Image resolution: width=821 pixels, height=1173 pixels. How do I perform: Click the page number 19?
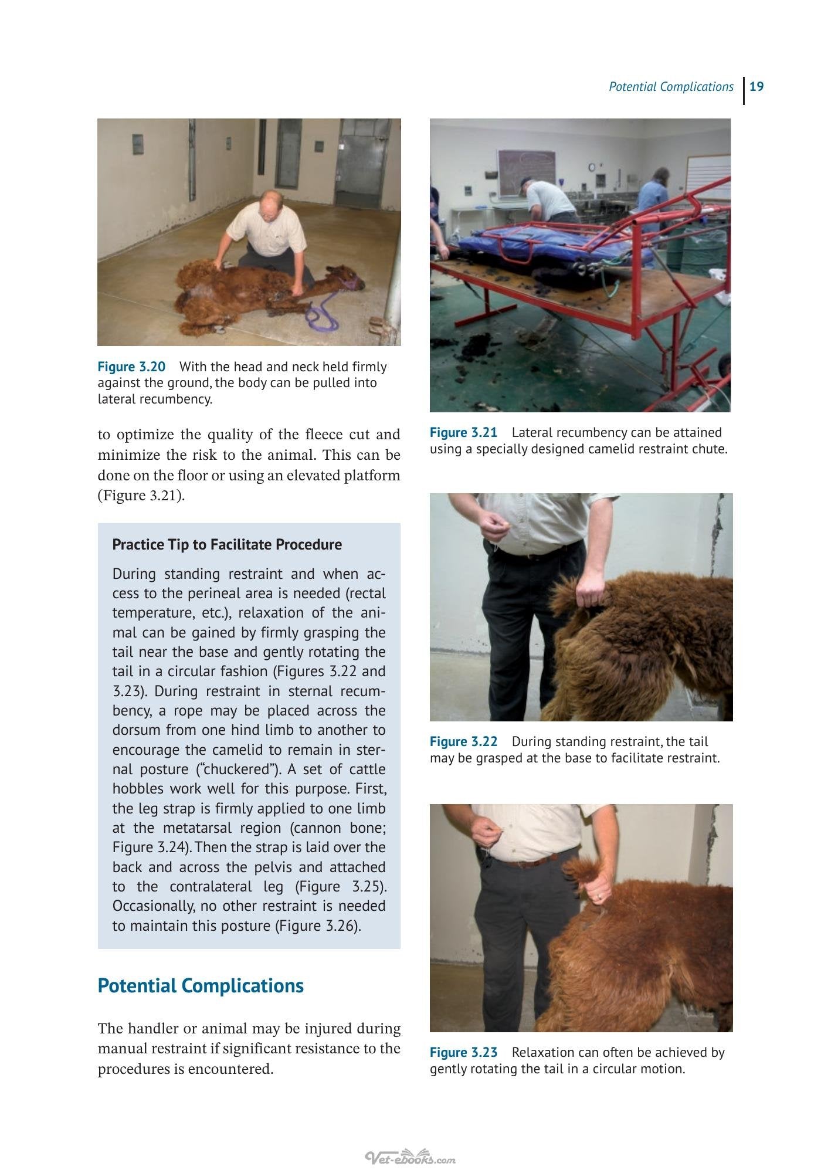(x=756, y=87)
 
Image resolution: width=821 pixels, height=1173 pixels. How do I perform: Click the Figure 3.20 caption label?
(x=131, y=367)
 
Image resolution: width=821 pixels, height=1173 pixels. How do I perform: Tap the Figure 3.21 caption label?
(x=463, y=432)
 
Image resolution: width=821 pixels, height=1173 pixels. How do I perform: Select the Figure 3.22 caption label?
(x=463, y=741)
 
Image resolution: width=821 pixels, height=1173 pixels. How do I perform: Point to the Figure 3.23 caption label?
(x=463, y=1052)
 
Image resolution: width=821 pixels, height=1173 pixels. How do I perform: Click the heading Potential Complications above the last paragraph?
(x=201, y=986)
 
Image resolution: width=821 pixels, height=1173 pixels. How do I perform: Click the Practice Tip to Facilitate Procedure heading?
(x=227, y=545)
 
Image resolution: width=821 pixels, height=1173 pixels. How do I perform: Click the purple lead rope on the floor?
(x=322, y=311)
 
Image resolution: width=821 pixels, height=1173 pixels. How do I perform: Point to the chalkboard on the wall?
(x=526, y=172)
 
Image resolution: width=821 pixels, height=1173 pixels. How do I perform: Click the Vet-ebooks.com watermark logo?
(x=410, y=1141)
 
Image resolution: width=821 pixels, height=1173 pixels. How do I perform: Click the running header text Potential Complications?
(x=671, y=87)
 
